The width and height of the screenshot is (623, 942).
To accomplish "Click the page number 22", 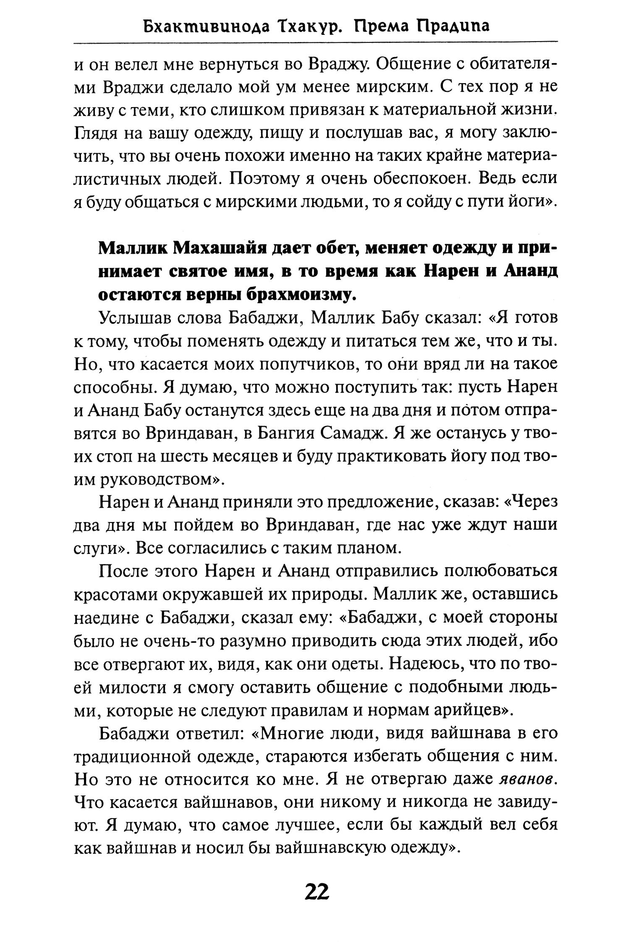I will pyautogui.click(x=317, y=902).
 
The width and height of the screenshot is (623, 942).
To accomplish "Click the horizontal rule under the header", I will pyautogui.click(x=315, y=42).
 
